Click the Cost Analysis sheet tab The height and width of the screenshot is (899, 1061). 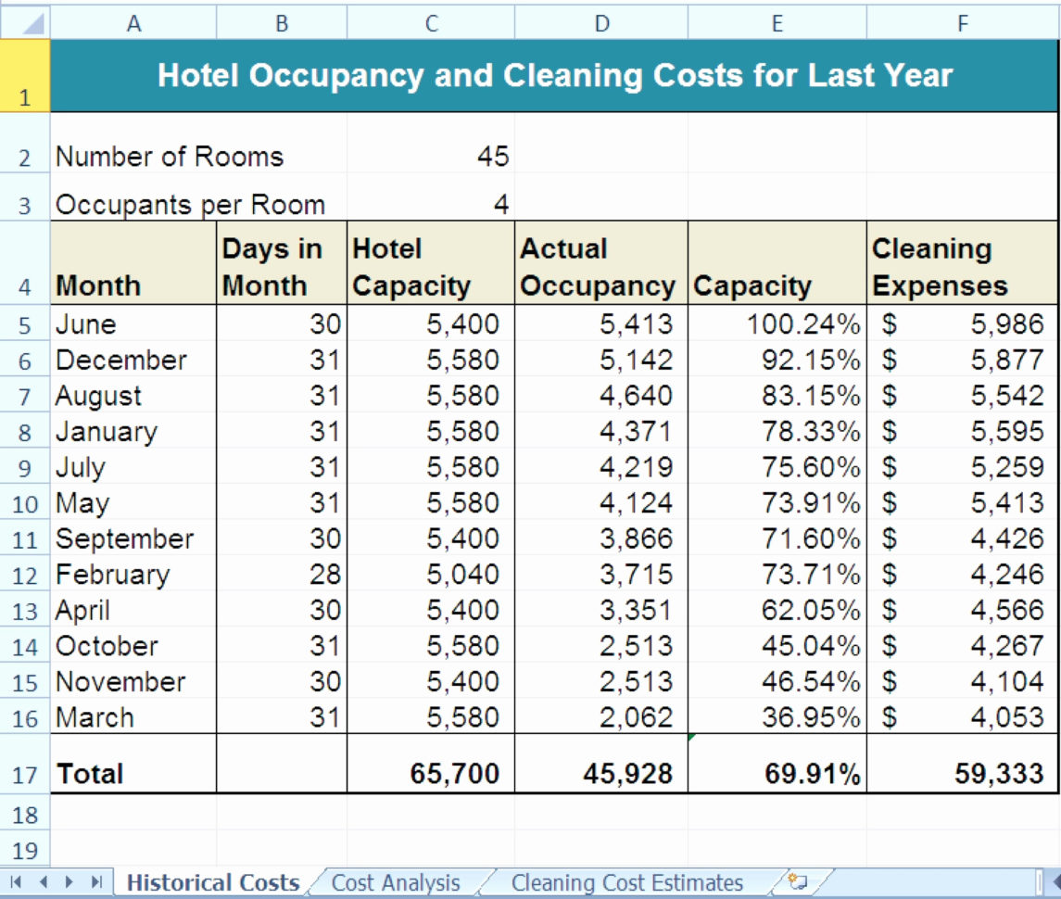[x=395, y=883]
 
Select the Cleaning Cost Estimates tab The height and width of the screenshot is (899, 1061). [x=626, y=883]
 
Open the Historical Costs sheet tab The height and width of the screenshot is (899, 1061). [x=212, y=883]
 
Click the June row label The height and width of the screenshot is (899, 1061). [x=86, y=324]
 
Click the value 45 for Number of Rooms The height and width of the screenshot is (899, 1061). [x=493, y=157]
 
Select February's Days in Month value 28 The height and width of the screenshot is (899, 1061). [x=325, y=575]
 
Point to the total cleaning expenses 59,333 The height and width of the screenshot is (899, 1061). [x=999, y=774]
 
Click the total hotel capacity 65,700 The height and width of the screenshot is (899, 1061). [x=454, y=774]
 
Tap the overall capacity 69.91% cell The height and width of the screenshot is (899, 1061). [x=812, y=774]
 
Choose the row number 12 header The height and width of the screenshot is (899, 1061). [x=25, y=576]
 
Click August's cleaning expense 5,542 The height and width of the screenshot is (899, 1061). [x=1007, y=396]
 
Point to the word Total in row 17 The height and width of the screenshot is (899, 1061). [x=90, y=774]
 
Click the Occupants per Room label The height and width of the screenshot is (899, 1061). [x=191, y=205]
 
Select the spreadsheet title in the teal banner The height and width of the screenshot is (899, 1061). [x=554, y=75]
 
